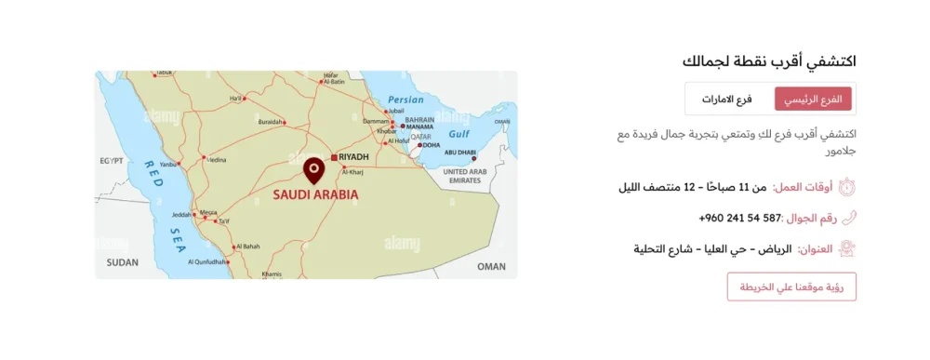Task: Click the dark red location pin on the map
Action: (313, 170)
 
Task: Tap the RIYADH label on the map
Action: (354, 157)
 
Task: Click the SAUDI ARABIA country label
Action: (314, 196)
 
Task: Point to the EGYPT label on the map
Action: (112, 161)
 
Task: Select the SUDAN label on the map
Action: (122, 263)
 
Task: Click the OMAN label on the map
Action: (491, 266)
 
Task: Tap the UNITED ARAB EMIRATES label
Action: (466, 176)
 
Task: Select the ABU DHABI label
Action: (460, 153)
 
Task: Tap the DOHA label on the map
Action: (431, 145)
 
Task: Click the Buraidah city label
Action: (271, 122)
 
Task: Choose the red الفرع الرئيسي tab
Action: (813, 99)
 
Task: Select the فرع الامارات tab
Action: (727, 99)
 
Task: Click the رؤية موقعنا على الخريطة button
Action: (791, 287)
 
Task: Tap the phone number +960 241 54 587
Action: (738, 219)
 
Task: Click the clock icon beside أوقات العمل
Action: (847, 187)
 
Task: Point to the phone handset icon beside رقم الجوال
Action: (847, 219)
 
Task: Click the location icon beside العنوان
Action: (847, 249)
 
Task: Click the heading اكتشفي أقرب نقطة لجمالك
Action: (768, 61)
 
